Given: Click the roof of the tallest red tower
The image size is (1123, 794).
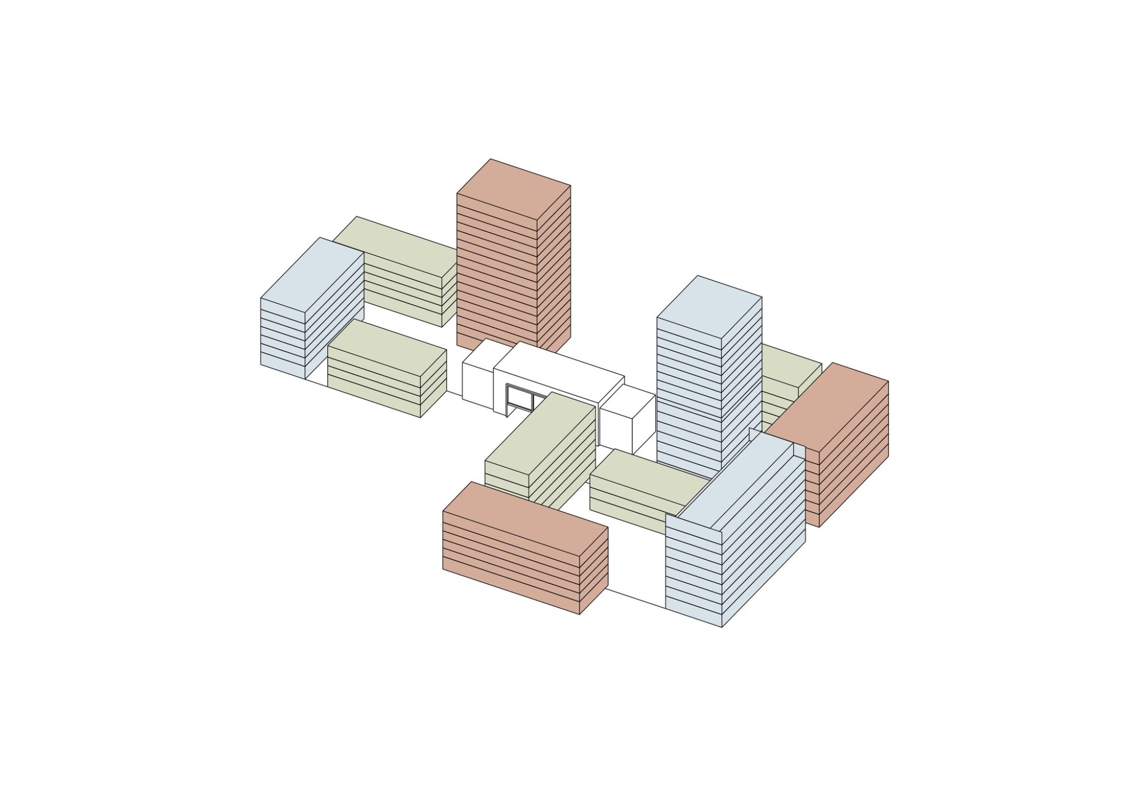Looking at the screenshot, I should tap(514, 195).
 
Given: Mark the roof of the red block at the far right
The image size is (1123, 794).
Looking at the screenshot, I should tap(828, 406).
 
